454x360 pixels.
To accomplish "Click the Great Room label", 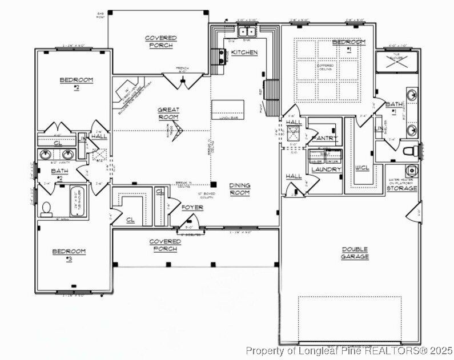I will point(168,113).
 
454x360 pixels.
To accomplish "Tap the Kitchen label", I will point(244,52).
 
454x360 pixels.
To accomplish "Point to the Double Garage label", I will point(355,253).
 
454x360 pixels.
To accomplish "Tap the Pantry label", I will point(324,139).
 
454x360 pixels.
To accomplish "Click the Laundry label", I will point(326,169).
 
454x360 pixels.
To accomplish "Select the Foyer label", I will point(192,207).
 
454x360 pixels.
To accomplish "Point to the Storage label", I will point(402,188).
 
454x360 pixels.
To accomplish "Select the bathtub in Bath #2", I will point(77,202).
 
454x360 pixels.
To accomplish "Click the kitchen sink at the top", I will point(247,32).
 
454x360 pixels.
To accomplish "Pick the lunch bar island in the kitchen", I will point(227,109).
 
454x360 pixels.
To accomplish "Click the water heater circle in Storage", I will point(409,170).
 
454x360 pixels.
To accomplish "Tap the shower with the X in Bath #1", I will point(395,63).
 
